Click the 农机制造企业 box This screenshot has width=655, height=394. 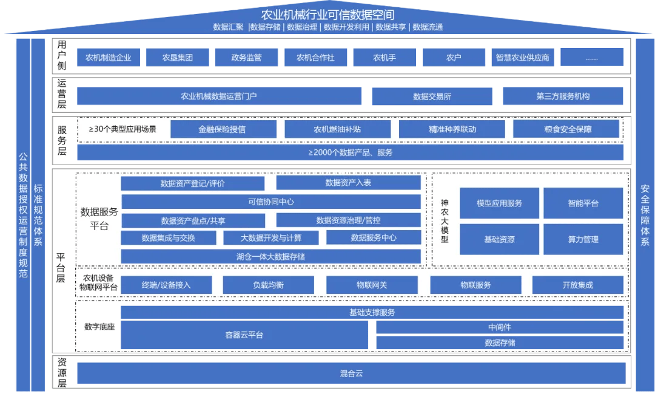coord(109,58)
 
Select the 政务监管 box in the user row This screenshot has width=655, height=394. coord(246,58)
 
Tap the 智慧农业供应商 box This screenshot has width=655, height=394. coord(522,58)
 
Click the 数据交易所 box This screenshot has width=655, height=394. coord(432,97)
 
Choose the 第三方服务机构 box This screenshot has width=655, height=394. coord(563,97)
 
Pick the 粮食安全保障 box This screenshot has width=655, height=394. coord(566,129)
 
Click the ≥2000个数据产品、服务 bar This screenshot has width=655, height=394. coord(351,152)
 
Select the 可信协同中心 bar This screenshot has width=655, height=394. coord(270,202)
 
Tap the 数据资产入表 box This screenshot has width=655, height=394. coord(348,183)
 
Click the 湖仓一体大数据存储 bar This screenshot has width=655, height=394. coord(270,256)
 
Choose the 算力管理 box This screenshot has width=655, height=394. coord(583,239)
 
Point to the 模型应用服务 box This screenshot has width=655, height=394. coord(499,203)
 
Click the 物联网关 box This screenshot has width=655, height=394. coord(372,285)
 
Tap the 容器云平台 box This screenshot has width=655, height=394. coord(244,335)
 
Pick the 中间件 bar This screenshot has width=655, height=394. coord(500,327)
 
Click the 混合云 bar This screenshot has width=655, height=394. coord(351,373)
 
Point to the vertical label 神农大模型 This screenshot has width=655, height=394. coord(445,222)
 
